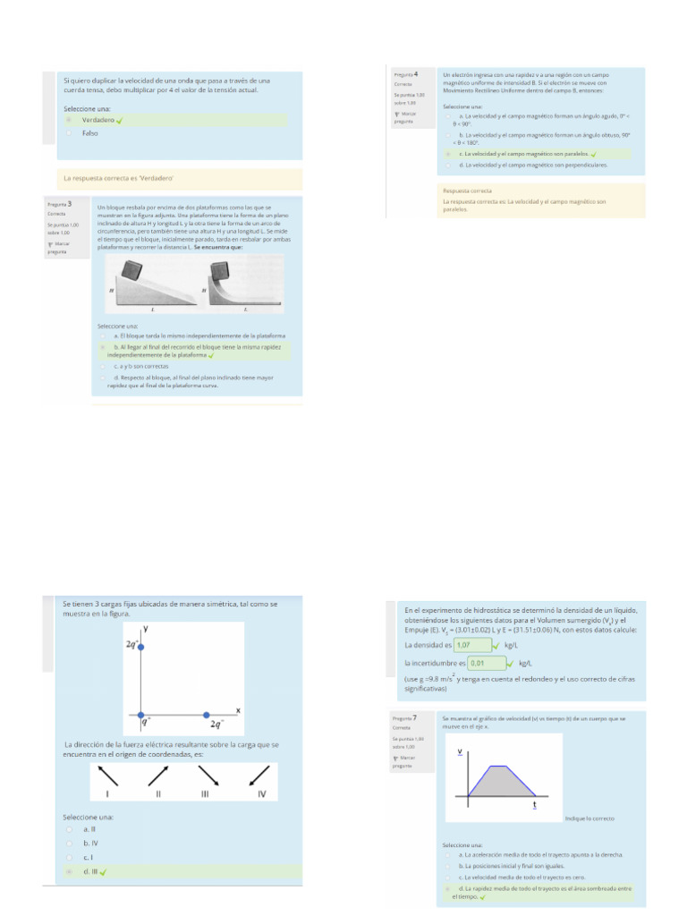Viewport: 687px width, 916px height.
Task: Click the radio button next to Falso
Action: (x=69, y=132)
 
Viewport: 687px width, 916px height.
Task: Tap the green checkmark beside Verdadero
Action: (x=119, y=120)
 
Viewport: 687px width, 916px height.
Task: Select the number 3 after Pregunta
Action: (x=70, y=205)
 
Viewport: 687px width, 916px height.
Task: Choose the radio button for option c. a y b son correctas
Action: (x=104, y=366)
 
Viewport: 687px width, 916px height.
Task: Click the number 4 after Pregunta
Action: (x=417, y=73)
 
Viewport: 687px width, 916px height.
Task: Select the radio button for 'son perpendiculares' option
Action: (x=448, y=165)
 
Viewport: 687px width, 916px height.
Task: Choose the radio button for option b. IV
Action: (x=69, y=843)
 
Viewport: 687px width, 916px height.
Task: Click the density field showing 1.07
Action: (x=473, y=644)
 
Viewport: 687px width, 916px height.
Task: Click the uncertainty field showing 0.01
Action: (x=487, y=664)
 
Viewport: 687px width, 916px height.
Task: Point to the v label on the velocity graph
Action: (x=461, y=751)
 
